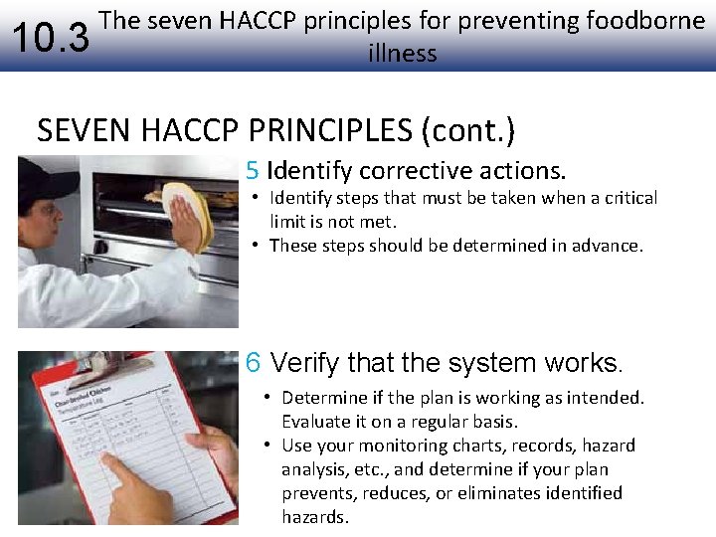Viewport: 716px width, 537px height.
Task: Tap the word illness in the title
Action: pyautogui.click(x=402, y=53)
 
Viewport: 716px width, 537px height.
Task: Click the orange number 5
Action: pyautogui.click(x=253, y=170)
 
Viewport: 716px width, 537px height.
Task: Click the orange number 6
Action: pyautogui.click(x=255, y=363)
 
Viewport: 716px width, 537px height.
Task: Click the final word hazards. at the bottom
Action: pyautogui.click(x=315, y=517)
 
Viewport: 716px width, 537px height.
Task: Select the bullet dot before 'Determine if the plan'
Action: pyautogui.click(x=268, y=398)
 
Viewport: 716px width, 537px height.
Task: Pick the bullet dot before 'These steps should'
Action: pyautogui.click(x=256, y=245)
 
